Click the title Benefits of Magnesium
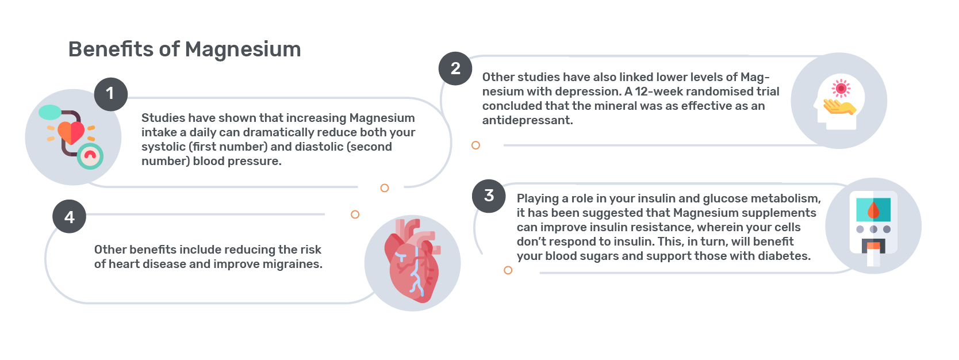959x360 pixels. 185,49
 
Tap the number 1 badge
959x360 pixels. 111,94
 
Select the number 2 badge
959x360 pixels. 455,68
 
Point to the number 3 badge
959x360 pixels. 489,196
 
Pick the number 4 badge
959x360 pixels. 70,217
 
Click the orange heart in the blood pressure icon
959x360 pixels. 71,133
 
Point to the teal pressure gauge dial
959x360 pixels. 90,156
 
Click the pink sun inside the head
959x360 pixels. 841,89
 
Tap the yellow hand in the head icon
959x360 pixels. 839,107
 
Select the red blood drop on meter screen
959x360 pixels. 873,210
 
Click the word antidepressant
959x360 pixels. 527,120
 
